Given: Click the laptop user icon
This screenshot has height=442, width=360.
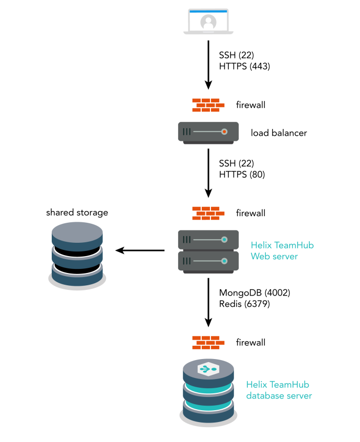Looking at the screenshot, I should [208, 22].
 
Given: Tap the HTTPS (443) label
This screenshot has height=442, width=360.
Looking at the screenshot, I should [244, 66].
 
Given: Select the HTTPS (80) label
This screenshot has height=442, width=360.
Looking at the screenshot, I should [242, 174].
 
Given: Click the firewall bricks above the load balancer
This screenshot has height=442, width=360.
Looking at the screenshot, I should [208, 105].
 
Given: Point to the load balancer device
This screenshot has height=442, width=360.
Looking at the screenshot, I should [208, 132].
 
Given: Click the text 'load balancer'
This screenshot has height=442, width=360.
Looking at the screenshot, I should [279, 133].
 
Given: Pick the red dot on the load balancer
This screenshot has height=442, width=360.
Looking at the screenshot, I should [224, 132].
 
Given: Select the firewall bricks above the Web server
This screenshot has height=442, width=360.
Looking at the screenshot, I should [208, 213].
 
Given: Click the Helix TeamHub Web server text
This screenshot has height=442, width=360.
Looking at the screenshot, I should [282, 250].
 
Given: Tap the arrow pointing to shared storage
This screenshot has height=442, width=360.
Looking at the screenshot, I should [140, 250].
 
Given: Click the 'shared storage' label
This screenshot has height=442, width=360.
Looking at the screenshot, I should [77, 212].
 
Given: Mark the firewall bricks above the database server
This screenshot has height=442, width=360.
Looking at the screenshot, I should [208, 342].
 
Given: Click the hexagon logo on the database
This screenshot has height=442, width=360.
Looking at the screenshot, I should [208, 368].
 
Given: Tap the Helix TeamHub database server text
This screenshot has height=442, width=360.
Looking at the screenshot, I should [279, 390].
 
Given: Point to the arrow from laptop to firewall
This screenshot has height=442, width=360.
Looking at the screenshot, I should [208, 64].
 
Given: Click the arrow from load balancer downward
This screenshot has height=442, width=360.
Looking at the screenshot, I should [208, 172].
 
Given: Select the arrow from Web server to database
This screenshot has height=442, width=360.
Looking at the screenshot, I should [208, 302].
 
